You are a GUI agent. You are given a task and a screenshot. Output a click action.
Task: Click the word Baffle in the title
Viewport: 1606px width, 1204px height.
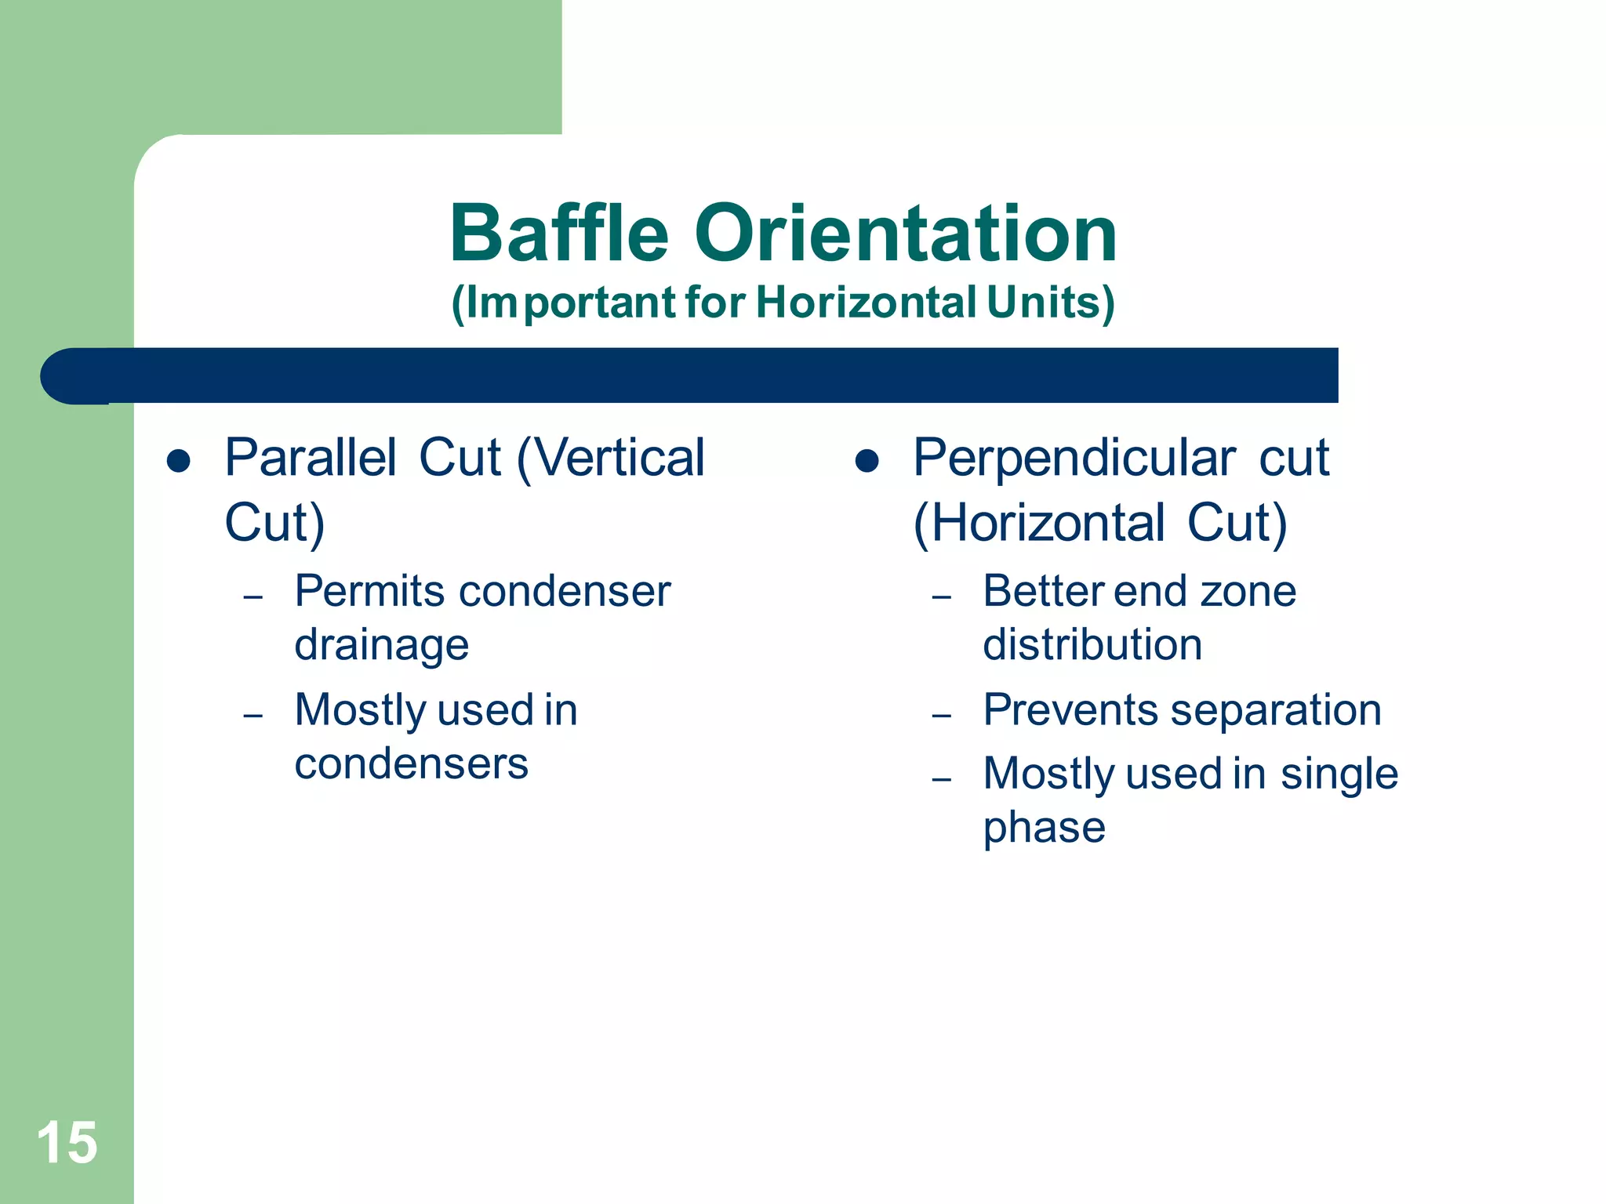click(x=559, y=234)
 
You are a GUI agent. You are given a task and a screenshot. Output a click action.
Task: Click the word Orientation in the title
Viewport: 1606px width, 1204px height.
click(x=906, y=234)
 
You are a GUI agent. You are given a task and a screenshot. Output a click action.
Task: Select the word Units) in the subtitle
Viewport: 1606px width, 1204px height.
click(x=1051, y=303)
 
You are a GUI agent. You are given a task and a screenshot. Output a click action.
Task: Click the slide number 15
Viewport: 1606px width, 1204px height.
click(x=67, y=1143)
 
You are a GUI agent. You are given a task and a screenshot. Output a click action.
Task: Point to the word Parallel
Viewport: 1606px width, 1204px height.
click(x=311, y=458)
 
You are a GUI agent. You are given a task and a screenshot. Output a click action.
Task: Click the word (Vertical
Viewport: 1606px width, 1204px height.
click(x=611, y=458)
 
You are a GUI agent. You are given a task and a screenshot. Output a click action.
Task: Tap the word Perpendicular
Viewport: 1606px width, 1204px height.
click(x=1074, y=458)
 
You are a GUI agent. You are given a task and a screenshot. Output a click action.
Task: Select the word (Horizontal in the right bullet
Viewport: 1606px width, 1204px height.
click(x=1039, y=524)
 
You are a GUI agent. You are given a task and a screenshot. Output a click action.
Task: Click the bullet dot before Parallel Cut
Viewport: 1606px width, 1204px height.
click(x=179, y=461)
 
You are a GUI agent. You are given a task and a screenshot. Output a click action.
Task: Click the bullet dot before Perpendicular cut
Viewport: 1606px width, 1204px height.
click(x=867, y=461)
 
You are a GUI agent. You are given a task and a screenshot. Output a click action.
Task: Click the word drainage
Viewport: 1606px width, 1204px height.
click(x=382, y=646)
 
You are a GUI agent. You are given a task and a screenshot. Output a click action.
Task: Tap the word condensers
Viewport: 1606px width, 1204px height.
click(x=412, y=764)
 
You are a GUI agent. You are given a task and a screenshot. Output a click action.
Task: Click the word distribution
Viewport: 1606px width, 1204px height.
click(x=1092, y=644)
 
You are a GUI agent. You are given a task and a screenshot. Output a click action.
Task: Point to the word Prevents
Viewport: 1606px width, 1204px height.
click(x=1070, y=710)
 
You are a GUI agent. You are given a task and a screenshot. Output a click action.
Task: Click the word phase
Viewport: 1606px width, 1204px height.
click(x=1045, y=828)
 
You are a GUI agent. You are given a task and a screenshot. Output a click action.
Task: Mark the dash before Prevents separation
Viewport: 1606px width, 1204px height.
click(x=942, y=716)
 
